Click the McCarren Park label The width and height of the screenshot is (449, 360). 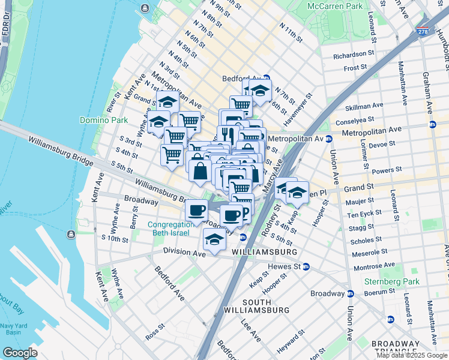pyautogui.click(x=335, y=6)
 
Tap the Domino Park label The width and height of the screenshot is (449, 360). pyautogui.click(x=104, y=120)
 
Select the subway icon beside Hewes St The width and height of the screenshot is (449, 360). pyautogui.click(x=306, y=266)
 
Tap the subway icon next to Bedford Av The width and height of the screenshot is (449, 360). pyautogui.click(x=266, y=78)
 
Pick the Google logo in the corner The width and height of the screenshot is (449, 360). pyautogui.click(x=20, y=353)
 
